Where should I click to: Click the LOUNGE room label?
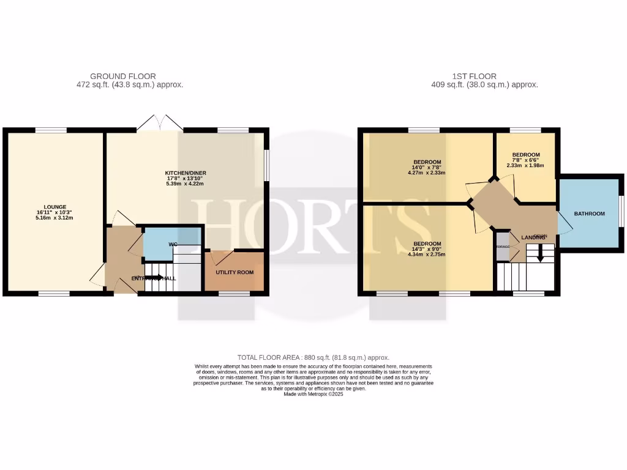pyautogui.click(x=54, y=207)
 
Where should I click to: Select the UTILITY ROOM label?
pyautogui.click(x=235, y=272)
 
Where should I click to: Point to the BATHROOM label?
pyautogui.click(x=589, y=214)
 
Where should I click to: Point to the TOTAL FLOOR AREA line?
pyautogui.click(x=313, y=357)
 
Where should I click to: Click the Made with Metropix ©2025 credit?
pyautogui.click(x=313, y=395)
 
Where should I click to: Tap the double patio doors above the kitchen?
pyautogui.click(x=159, y=122)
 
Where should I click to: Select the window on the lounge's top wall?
pyautogui.click(x=50, y=130)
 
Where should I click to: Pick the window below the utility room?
pyautogui.click(x=235, y=294)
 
